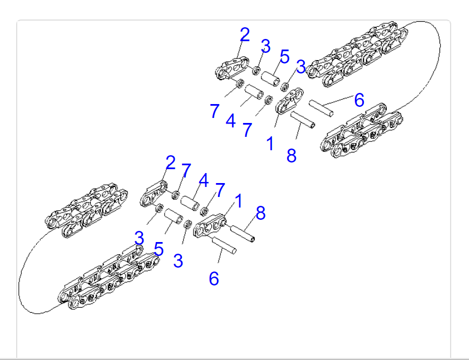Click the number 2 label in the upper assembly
(245, 34)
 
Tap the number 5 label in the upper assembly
(284, 57)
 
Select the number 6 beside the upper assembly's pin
(359, 100)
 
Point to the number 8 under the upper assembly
(292, 156)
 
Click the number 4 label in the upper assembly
(231, 121)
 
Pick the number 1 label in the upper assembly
(270, 144)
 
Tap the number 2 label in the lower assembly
(170, 163)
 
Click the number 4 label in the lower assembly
(204, 180)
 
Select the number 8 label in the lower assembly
(260, 213)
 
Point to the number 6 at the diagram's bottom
(214, 279)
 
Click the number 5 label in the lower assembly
(159, 249)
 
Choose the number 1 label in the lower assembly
(238, 201)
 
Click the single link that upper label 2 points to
(232, 68)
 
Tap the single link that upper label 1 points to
(289, 101)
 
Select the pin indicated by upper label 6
(321, 109)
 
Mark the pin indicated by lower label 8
(242, 234)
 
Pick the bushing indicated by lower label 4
(190, 203)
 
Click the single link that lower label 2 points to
(153, 194)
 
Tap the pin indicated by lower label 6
(224, 245)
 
